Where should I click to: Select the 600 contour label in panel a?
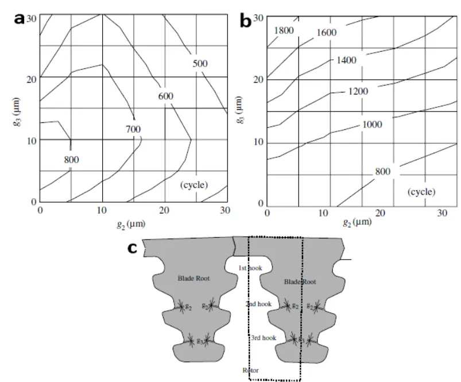(x=165, y=96)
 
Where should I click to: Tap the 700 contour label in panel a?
(x=133, y=129)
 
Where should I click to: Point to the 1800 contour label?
(x=285, y=30)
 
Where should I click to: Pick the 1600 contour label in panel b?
(x=326, y=33)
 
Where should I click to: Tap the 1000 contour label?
(x=371, y=125)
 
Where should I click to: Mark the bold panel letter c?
(x=133, y=248)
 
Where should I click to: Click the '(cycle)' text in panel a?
(x=194, y=185)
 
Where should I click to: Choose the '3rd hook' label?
(x=264, y=338)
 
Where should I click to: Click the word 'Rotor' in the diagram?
(x=250, y=371)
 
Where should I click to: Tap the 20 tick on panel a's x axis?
(x=165, y=211)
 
